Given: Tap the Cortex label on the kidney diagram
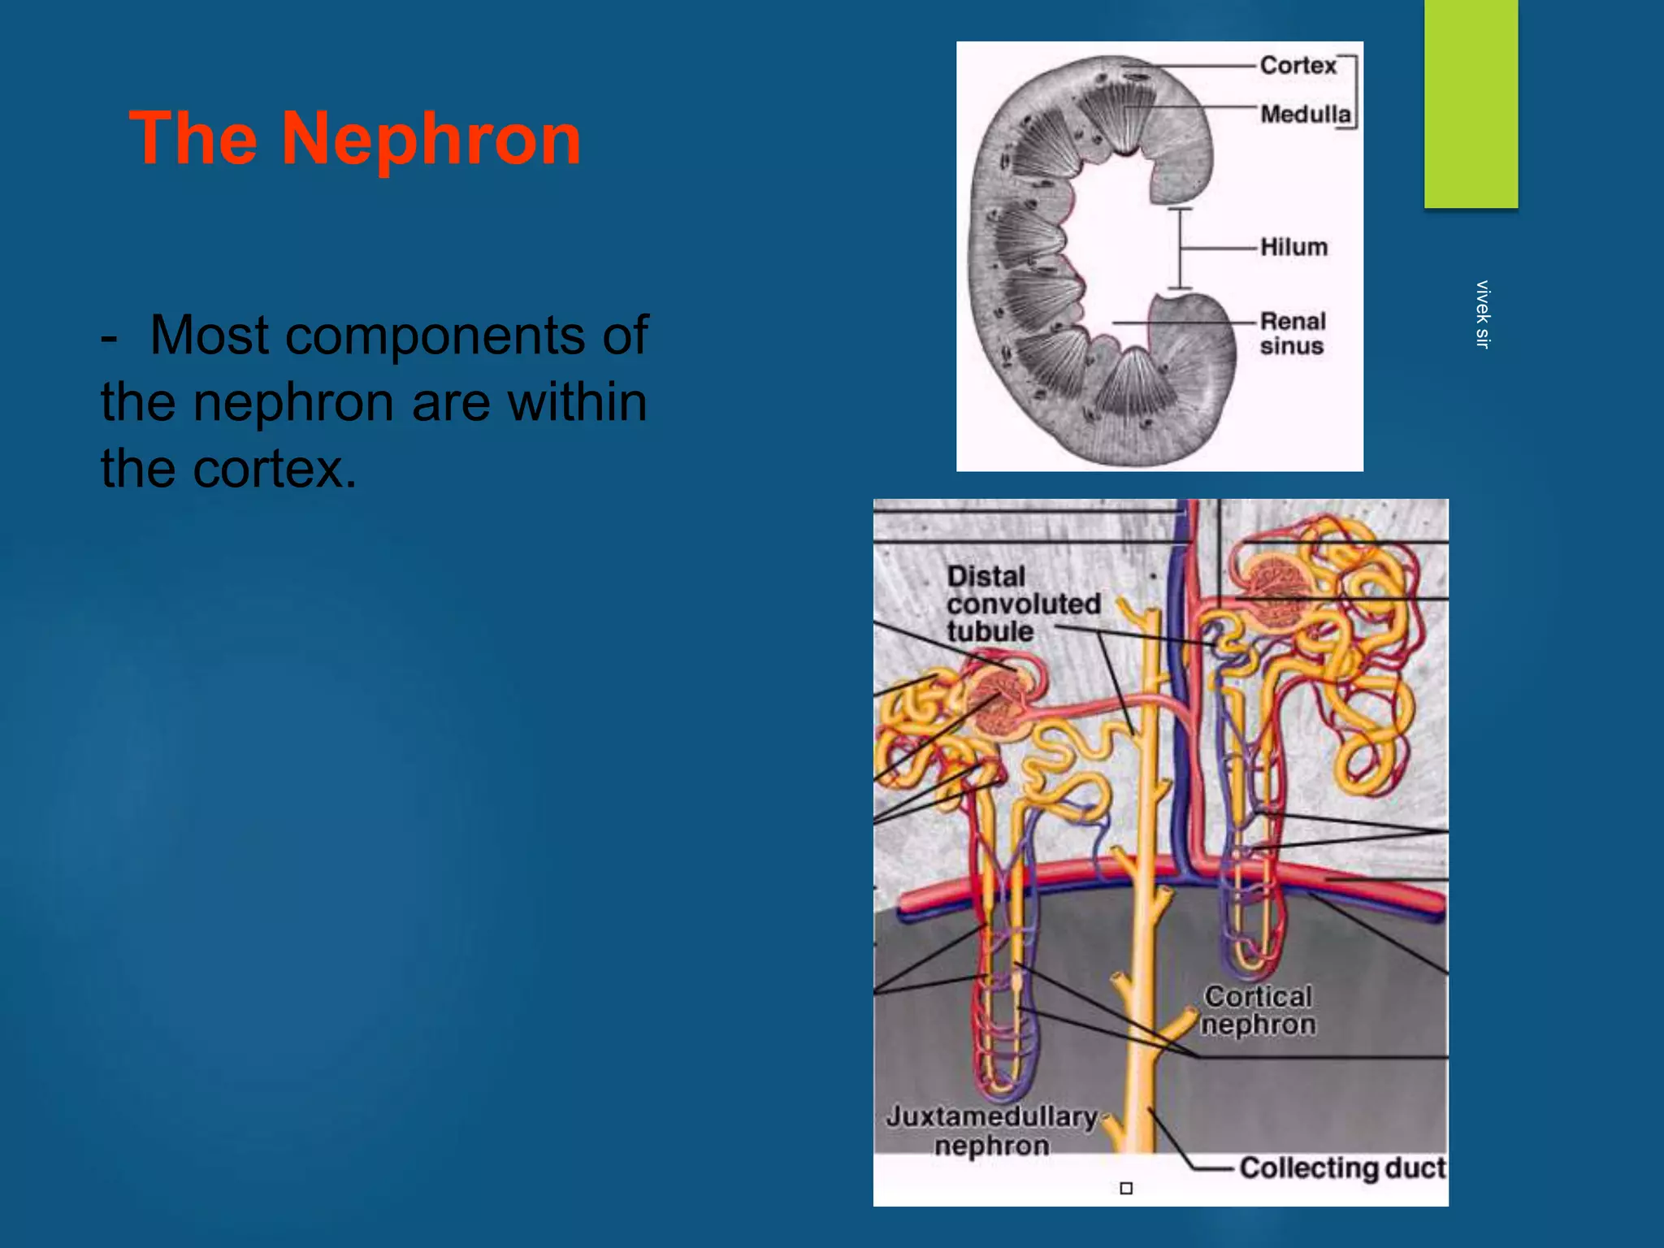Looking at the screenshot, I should click(1298, 65).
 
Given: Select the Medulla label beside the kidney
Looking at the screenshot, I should click(1305, 114).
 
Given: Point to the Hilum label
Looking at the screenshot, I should click(1293, 247).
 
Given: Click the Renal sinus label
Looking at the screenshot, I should click(1293, 333).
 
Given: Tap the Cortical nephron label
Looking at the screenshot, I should click(1258, 1010).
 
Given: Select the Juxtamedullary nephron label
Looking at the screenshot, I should click(992, 1130).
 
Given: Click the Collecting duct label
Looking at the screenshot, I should click(1342, 1168).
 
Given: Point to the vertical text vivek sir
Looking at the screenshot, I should click(1482, 314).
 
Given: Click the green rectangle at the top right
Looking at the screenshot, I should click(1471, 103).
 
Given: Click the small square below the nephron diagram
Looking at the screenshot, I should click(1126, 1189).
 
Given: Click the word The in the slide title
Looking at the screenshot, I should click(193, 140).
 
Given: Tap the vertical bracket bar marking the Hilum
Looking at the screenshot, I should click(1181, 249).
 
